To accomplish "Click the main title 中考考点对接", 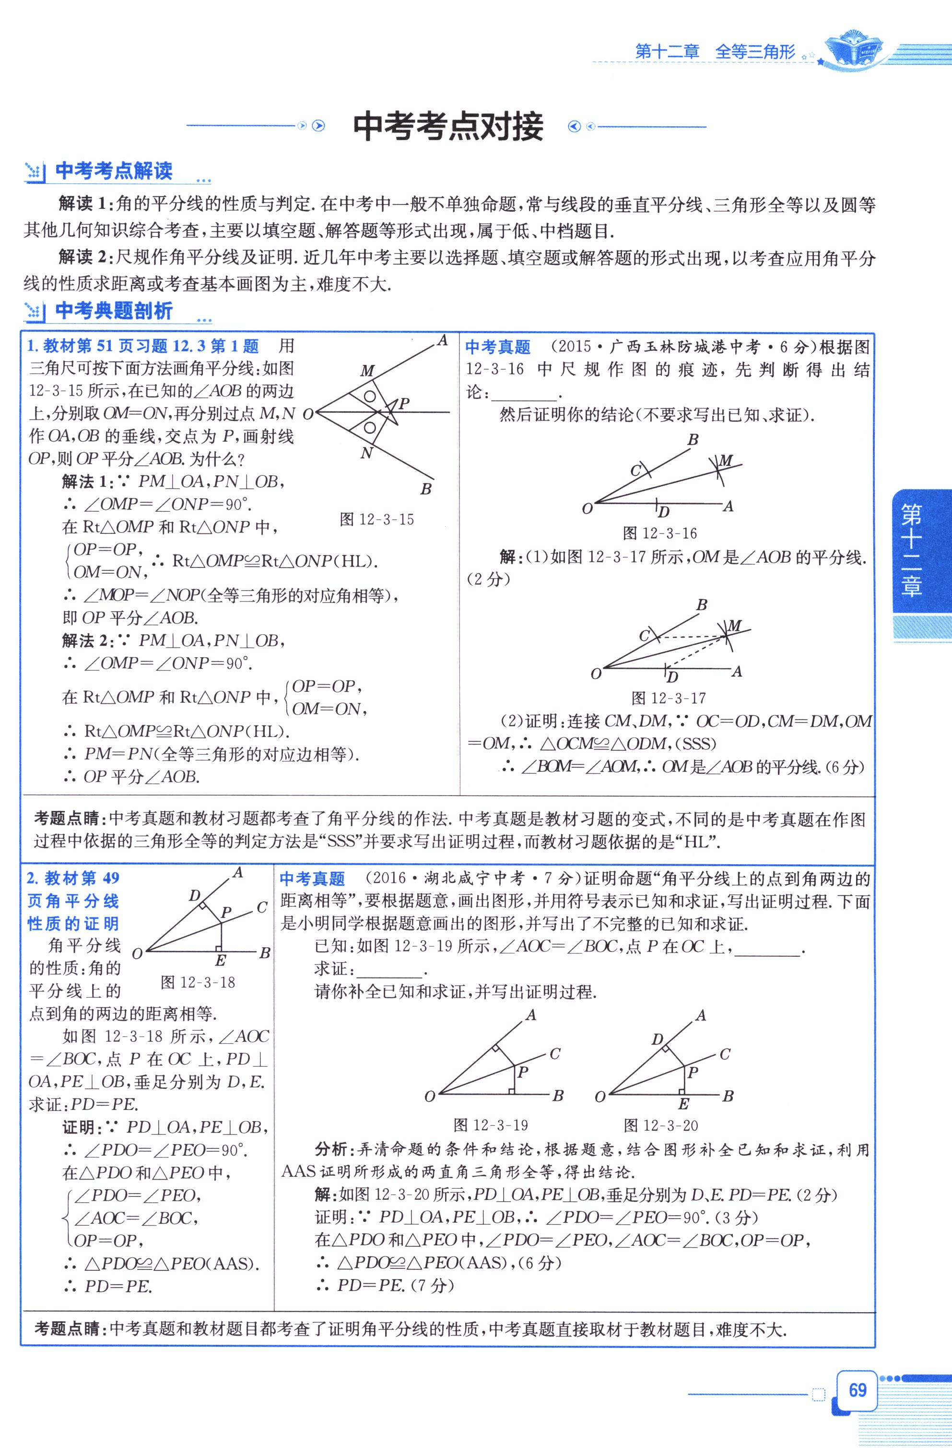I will pos(448,127).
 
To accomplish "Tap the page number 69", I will pos(857,1390).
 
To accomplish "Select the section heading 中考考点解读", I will pos(114,171).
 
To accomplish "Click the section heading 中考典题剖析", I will pos(114,311).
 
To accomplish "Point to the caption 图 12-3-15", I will pos(377,519).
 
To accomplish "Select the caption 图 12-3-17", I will pos(669,698).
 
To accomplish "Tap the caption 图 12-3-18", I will pos(198,982).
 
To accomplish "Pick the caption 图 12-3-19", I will pos(491,1125).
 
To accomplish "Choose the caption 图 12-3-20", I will pos(661,1125).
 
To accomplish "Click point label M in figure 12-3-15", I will pos(367,371).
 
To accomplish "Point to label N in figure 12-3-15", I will pos(366,453).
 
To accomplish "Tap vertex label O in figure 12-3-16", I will pos(587,508).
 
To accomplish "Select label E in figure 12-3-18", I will pos(221,961).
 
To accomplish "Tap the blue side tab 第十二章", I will pos(911,550).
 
